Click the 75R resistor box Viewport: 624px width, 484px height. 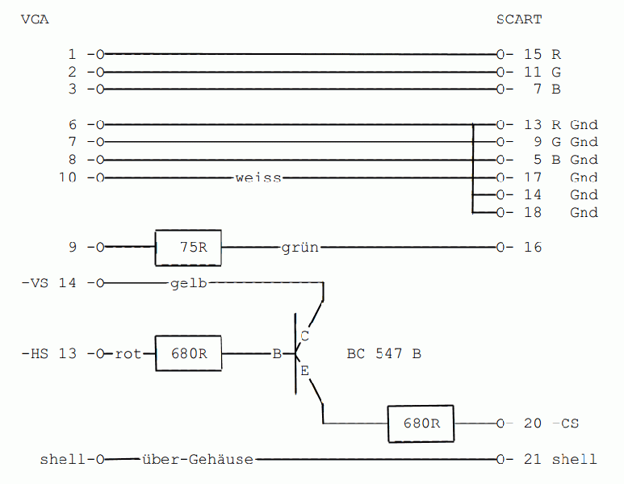tap(188, 248)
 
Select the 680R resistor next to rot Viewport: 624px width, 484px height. tap(189, 353)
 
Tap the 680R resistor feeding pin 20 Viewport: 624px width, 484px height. tap(421, 423)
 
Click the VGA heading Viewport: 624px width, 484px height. tap(35, 19)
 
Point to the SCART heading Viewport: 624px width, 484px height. tap(519, 19)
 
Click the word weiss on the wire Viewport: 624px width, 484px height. tap(258, 177)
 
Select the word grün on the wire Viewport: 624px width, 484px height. tap(300, 248)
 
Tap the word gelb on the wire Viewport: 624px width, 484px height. tap(190, 283)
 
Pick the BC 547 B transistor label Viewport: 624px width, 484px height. tap(383, 354)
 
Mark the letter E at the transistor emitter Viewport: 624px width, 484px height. tap(304, 372)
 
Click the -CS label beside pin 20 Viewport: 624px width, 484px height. tap(566, 423)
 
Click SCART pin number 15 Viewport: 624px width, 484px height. tap(533, 55)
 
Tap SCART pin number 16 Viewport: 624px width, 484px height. tap(533, 248)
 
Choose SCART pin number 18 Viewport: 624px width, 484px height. tap(533, 213)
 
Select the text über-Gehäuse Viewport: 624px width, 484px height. tap(198, 460)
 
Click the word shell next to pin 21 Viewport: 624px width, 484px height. tap(574, 460)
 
